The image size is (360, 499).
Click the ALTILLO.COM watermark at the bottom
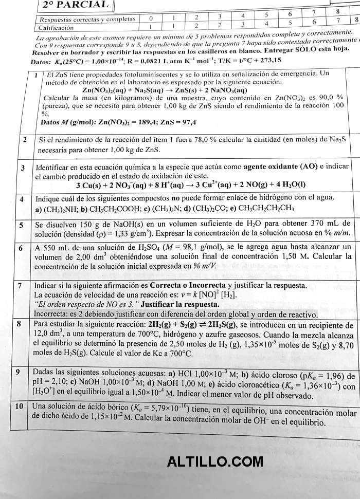(x=214, y=462)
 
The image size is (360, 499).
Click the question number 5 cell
(x=21, y=225)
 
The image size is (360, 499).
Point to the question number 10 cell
(x=19, y=406)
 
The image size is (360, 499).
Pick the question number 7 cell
(x=20, y=285)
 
